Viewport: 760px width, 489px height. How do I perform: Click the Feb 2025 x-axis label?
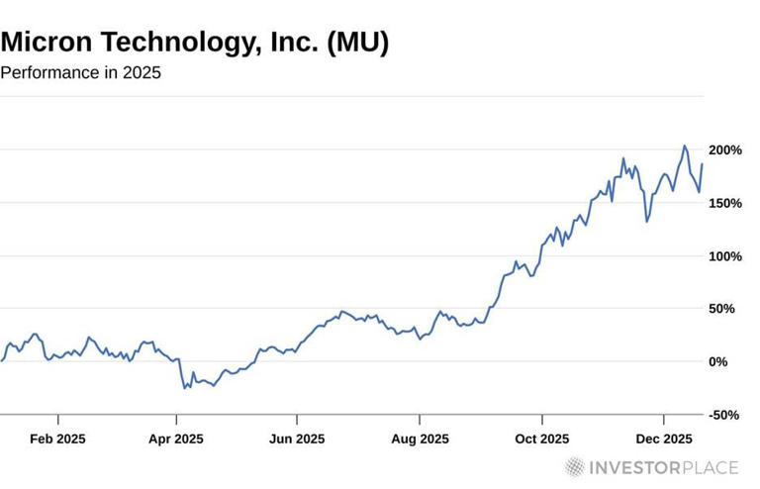[x=57, y=439]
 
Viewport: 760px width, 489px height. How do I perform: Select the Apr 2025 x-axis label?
[x=176, y=439]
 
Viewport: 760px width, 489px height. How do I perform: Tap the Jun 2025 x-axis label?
[x=297, y=439]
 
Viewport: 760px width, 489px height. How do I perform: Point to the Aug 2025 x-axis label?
[x=420, y=439]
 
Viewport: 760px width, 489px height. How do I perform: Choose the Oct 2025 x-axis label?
[x=541, y=439]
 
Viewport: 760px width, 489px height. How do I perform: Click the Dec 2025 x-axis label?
[x=663, y=439]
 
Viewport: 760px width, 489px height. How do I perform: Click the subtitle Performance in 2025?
[x=80, y=73]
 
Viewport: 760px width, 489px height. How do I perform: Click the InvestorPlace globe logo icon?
[x=575, y=467]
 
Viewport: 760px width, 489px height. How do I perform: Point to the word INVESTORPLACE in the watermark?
[x=664, y=467]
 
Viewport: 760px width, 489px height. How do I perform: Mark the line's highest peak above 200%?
[x=684, y=146]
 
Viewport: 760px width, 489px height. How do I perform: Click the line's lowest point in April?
[x=184, y=388]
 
